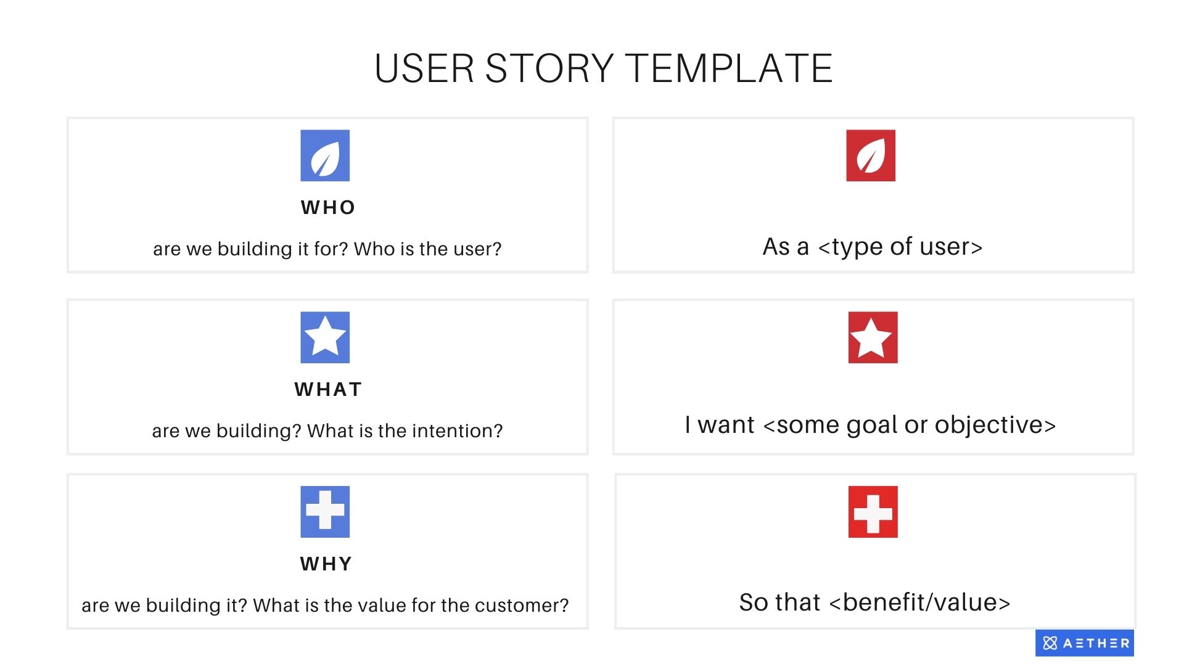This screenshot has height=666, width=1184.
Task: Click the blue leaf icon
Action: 325,155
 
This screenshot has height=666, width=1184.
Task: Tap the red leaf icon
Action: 870,155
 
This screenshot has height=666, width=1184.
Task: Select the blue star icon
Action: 325,337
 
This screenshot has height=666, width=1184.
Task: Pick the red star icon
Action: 873,337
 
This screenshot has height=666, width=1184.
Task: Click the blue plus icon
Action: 325,512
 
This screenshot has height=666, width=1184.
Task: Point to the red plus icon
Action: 873,512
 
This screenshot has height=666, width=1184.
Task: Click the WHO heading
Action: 328,208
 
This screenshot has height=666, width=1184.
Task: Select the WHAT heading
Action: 328,390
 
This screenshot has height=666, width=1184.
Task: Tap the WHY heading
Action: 326,564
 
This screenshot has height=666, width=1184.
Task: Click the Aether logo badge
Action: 1084,643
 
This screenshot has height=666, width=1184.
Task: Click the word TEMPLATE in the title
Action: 729,68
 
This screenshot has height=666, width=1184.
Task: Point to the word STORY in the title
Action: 549,68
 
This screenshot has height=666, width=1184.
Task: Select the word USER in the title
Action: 424,68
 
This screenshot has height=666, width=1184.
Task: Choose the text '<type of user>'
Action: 900,247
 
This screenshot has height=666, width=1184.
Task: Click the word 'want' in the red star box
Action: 726,425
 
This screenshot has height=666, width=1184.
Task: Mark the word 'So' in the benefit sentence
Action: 754,602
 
